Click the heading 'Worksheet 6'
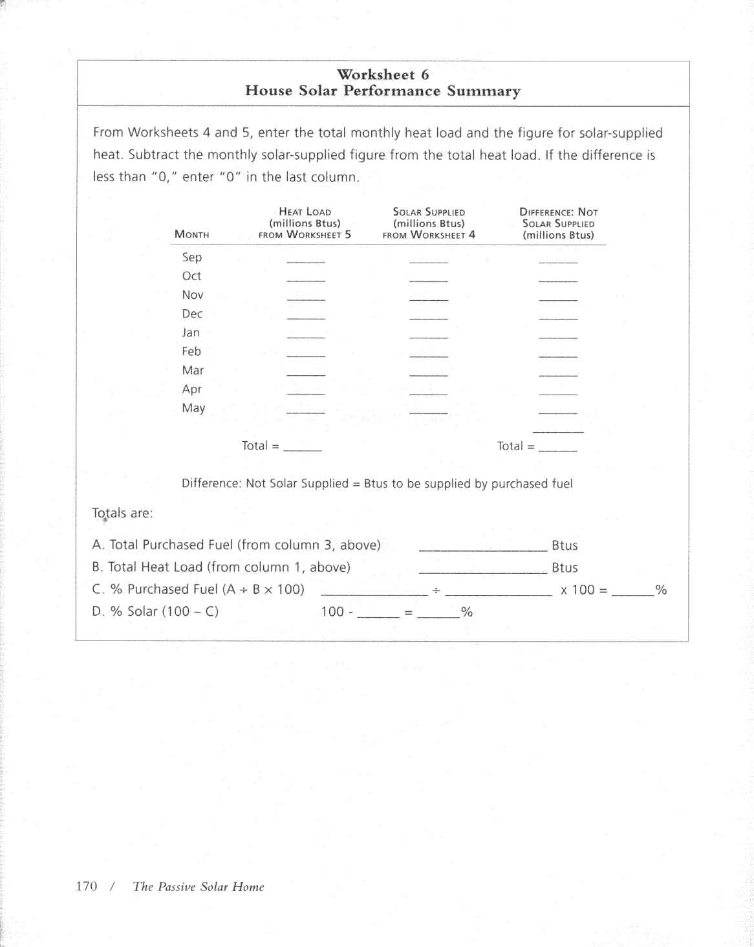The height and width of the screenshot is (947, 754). [382, 74]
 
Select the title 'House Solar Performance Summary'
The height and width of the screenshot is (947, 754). [382, 91]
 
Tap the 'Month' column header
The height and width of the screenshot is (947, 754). [192, 235]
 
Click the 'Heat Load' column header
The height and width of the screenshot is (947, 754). [305, 223]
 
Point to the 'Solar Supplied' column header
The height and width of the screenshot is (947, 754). [429, 223]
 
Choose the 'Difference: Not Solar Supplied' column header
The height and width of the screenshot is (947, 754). [558, 223]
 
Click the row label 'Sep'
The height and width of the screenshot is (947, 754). [192, 257]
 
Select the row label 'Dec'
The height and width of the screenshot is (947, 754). [192, 314]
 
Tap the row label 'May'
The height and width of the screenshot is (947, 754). [193, 408]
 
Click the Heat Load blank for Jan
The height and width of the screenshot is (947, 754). [306, 336]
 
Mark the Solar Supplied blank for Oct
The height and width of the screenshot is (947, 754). [428, 279]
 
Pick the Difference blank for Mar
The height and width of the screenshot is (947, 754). [557, 374]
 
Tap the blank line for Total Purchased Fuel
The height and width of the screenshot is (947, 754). [483, 549]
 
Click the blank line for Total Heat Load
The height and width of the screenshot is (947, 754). [483, 571]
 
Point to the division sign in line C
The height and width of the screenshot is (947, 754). [436, 590]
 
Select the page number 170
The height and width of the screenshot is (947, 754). [87, 886]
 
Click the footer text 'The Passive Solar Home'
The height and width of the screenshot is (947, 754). [199, 887]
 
